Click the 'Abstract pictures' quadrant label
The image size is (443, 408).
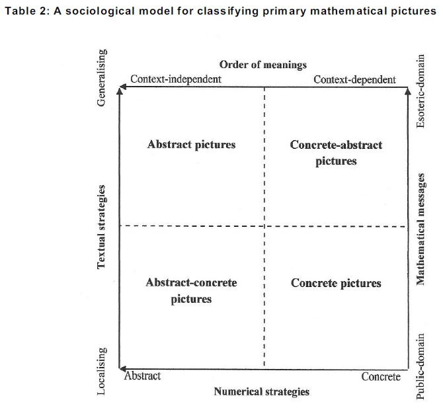coord(191,144)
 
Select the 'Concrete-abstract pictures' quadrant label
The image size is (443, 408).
coord(336,153)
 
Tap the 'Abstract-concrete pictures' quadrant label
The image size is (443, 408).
coord(191,290)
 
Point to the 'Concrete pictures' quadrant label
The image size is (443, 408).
coord(336,283)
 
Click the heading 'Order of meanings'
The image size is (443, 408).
coord(263,64)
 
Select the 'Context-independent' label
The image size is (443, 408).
coord(176,79)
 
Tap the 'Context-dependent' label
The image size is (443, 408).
coord(354,79)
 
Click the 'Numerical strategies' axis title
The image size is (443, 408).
coord(261,391)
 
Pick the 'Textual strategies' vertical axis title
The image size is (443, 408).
coord(102,227)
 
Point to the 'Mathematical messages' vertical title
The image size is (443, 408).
coord(421,228)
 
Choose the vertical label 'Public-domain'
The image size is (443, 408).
coord(421,367)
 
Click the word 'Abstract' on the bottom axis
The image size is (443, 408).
coord(142,376)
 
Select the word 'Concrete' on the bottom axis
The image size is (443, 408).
coord(381,376)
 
